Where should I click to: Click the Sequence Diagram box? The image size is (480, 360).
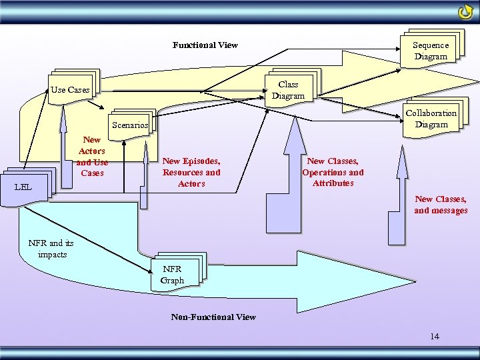click(431, 50)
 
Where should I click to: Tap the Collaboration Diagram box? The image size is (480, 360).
click(431, 118)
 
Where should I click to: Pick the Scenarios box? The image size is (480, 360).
click(130, 125)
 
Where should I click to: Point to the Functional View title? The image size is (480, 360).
click(205, 45)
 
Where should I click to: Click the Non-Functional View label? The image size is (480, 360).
click(213, 317)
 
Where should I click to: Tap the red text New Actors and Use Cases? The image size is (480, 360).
click(92, 157)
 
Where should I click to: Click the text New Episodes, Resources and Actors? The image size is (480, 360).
click(191, 172)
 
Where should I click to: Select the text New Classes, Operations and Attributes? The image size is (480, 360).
click(333, 172)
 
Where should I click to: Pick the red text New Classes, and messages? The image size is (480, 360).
click(441, 205)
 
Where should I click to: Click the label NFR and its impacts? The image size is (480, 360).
click(51, 249)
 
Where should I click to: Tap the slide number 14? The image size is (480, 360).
click(435, 336)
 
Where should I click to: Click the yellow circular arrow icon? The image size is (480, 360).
click(465, 12)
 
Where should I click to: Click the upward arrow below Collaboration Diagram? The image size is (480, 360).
click(401, 193)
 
